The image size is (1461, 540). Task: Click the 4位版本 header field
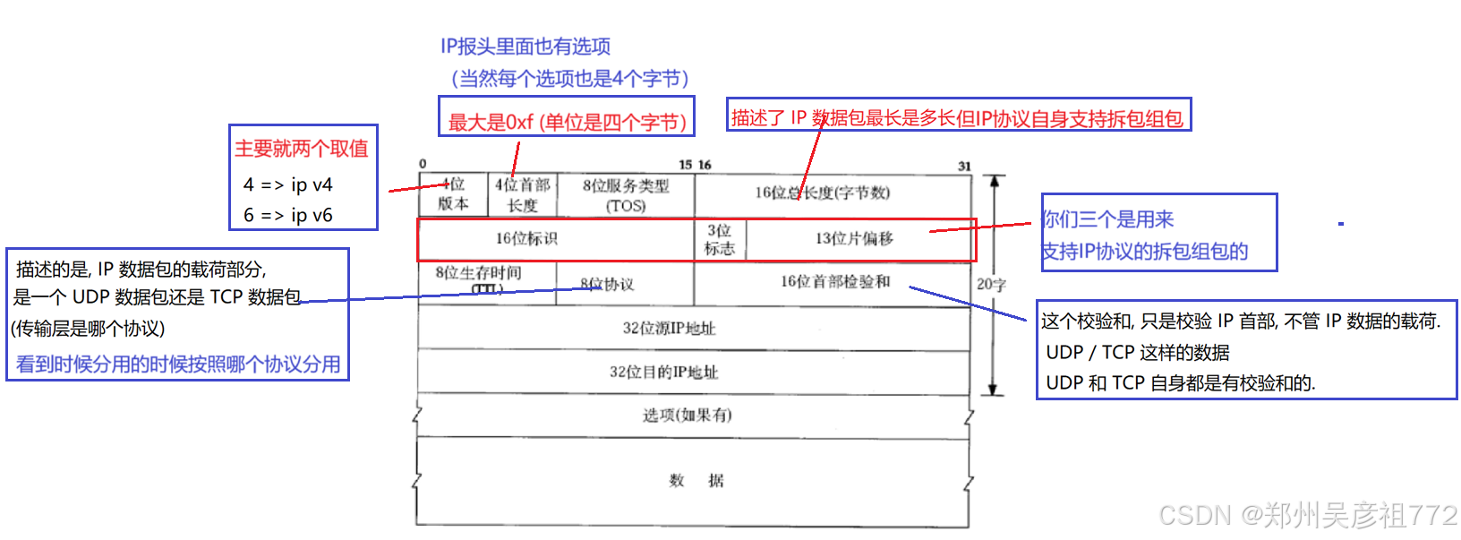tap(453, 194)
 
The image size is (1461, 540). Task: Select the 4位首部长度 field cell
tap(523, 194)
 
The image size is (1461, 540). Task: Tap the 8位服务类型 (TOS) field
tap(626, 194)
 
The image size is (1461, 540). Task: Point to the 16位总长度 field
tap(833, 193)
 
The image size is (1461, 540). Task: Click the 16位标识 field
tap(527, 239)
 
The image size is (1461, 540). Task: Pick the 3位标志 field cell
tap(720, 239)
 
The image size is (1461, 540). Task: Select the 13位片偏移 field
tap(855, 239)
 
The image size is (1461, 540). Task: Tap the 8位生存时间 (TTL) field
tap(486, 280)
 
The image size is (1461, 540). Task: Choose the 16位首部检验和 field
tap(835, 282)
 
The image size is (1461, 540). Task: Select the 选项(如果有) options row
tap(687, 416)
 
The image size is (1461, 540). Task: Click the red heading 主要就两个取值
tap(302, 149)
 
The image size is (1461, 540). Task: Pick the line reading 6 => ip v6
tap(287, 215)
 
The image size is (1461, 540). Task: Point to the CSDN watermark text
tap(1307, 514)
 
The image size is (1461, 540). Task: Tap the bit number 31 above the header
tap(964, 166)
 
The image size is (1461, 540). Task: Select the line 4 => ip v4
tap(287, 184)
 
